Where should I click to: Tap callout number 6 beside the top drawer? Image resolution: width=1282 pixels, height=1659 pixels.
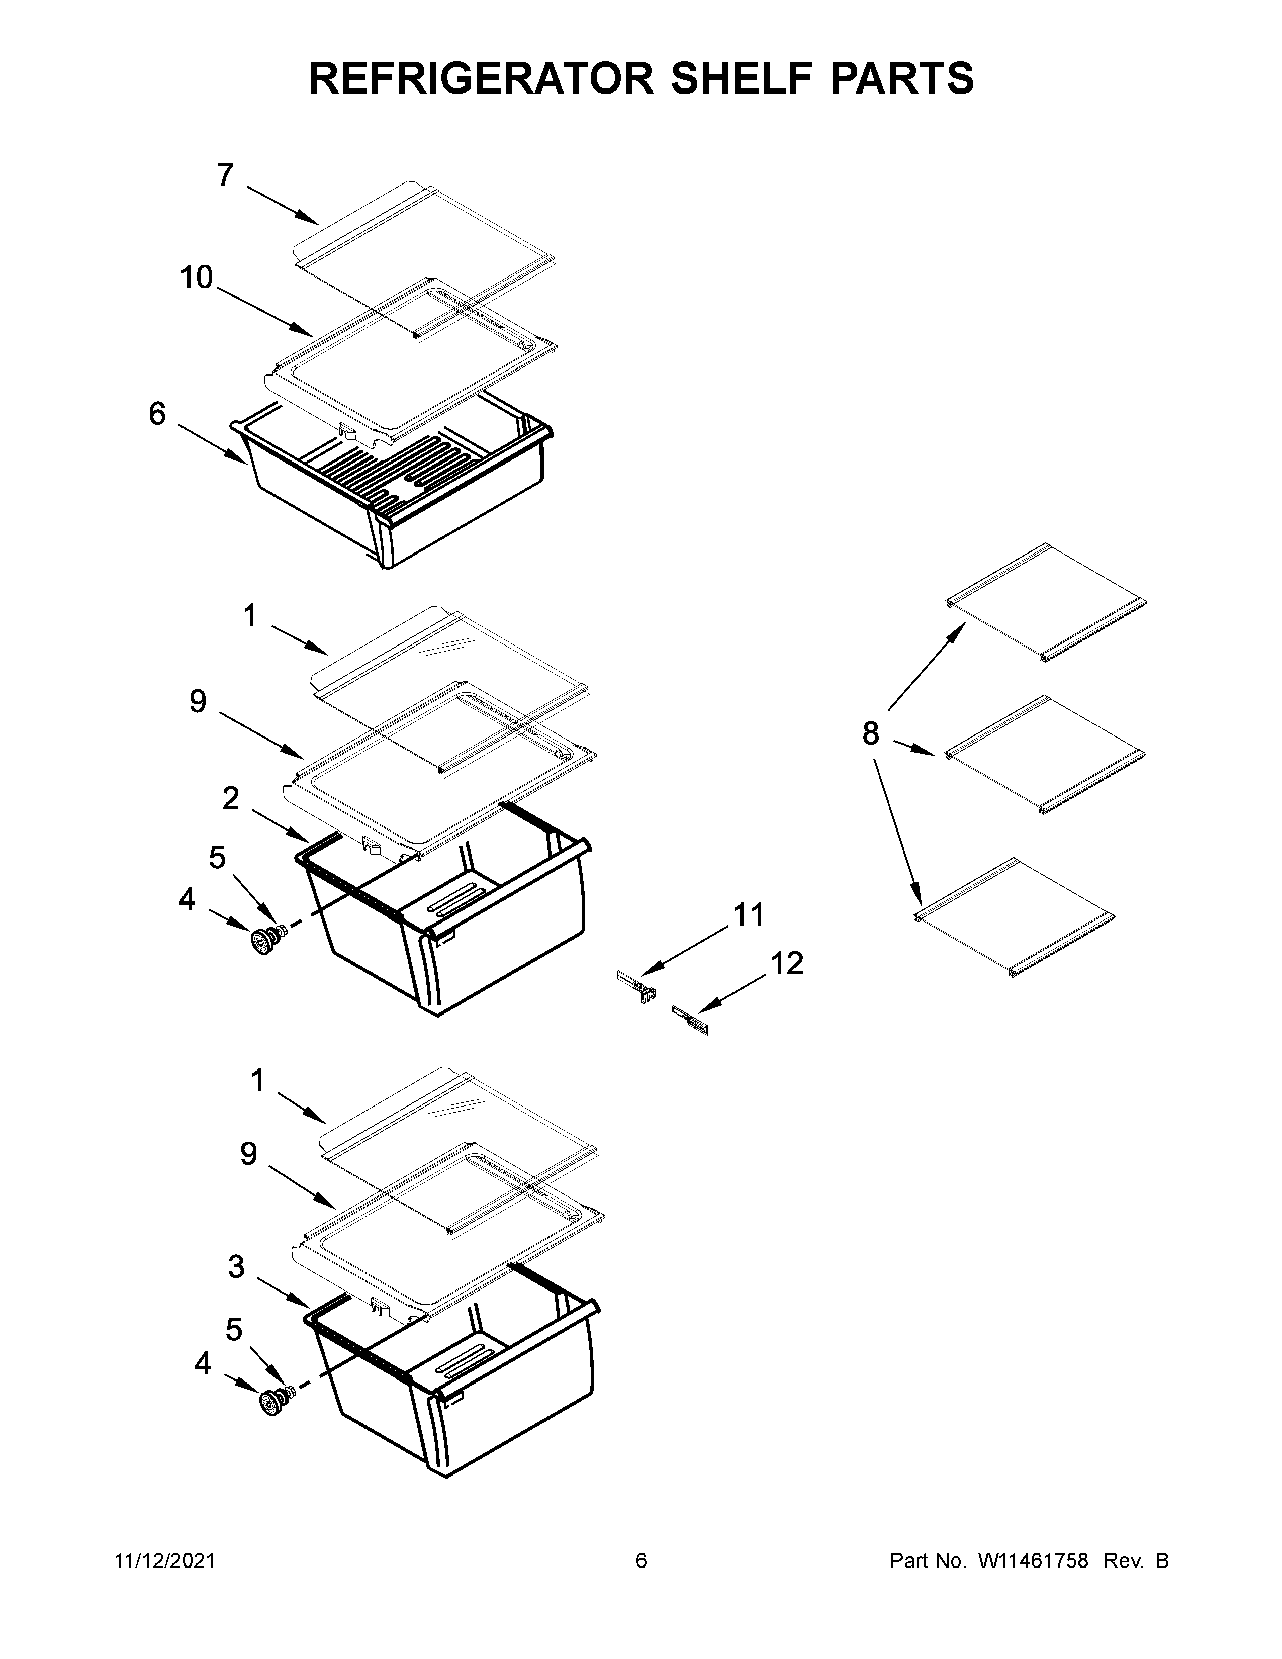pos(156,414)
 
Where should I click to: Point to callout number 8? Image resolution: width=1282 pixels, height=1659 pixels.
pos(870,734)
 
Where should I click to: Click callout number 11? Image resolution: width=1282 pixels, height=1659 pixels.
pos(748,915)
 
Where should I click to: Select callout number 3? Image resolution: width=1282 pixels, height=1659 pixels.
pos(236,1266)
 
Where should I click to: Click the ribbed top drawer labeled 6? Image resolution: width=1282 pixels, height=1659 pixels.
pos(395,486)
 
